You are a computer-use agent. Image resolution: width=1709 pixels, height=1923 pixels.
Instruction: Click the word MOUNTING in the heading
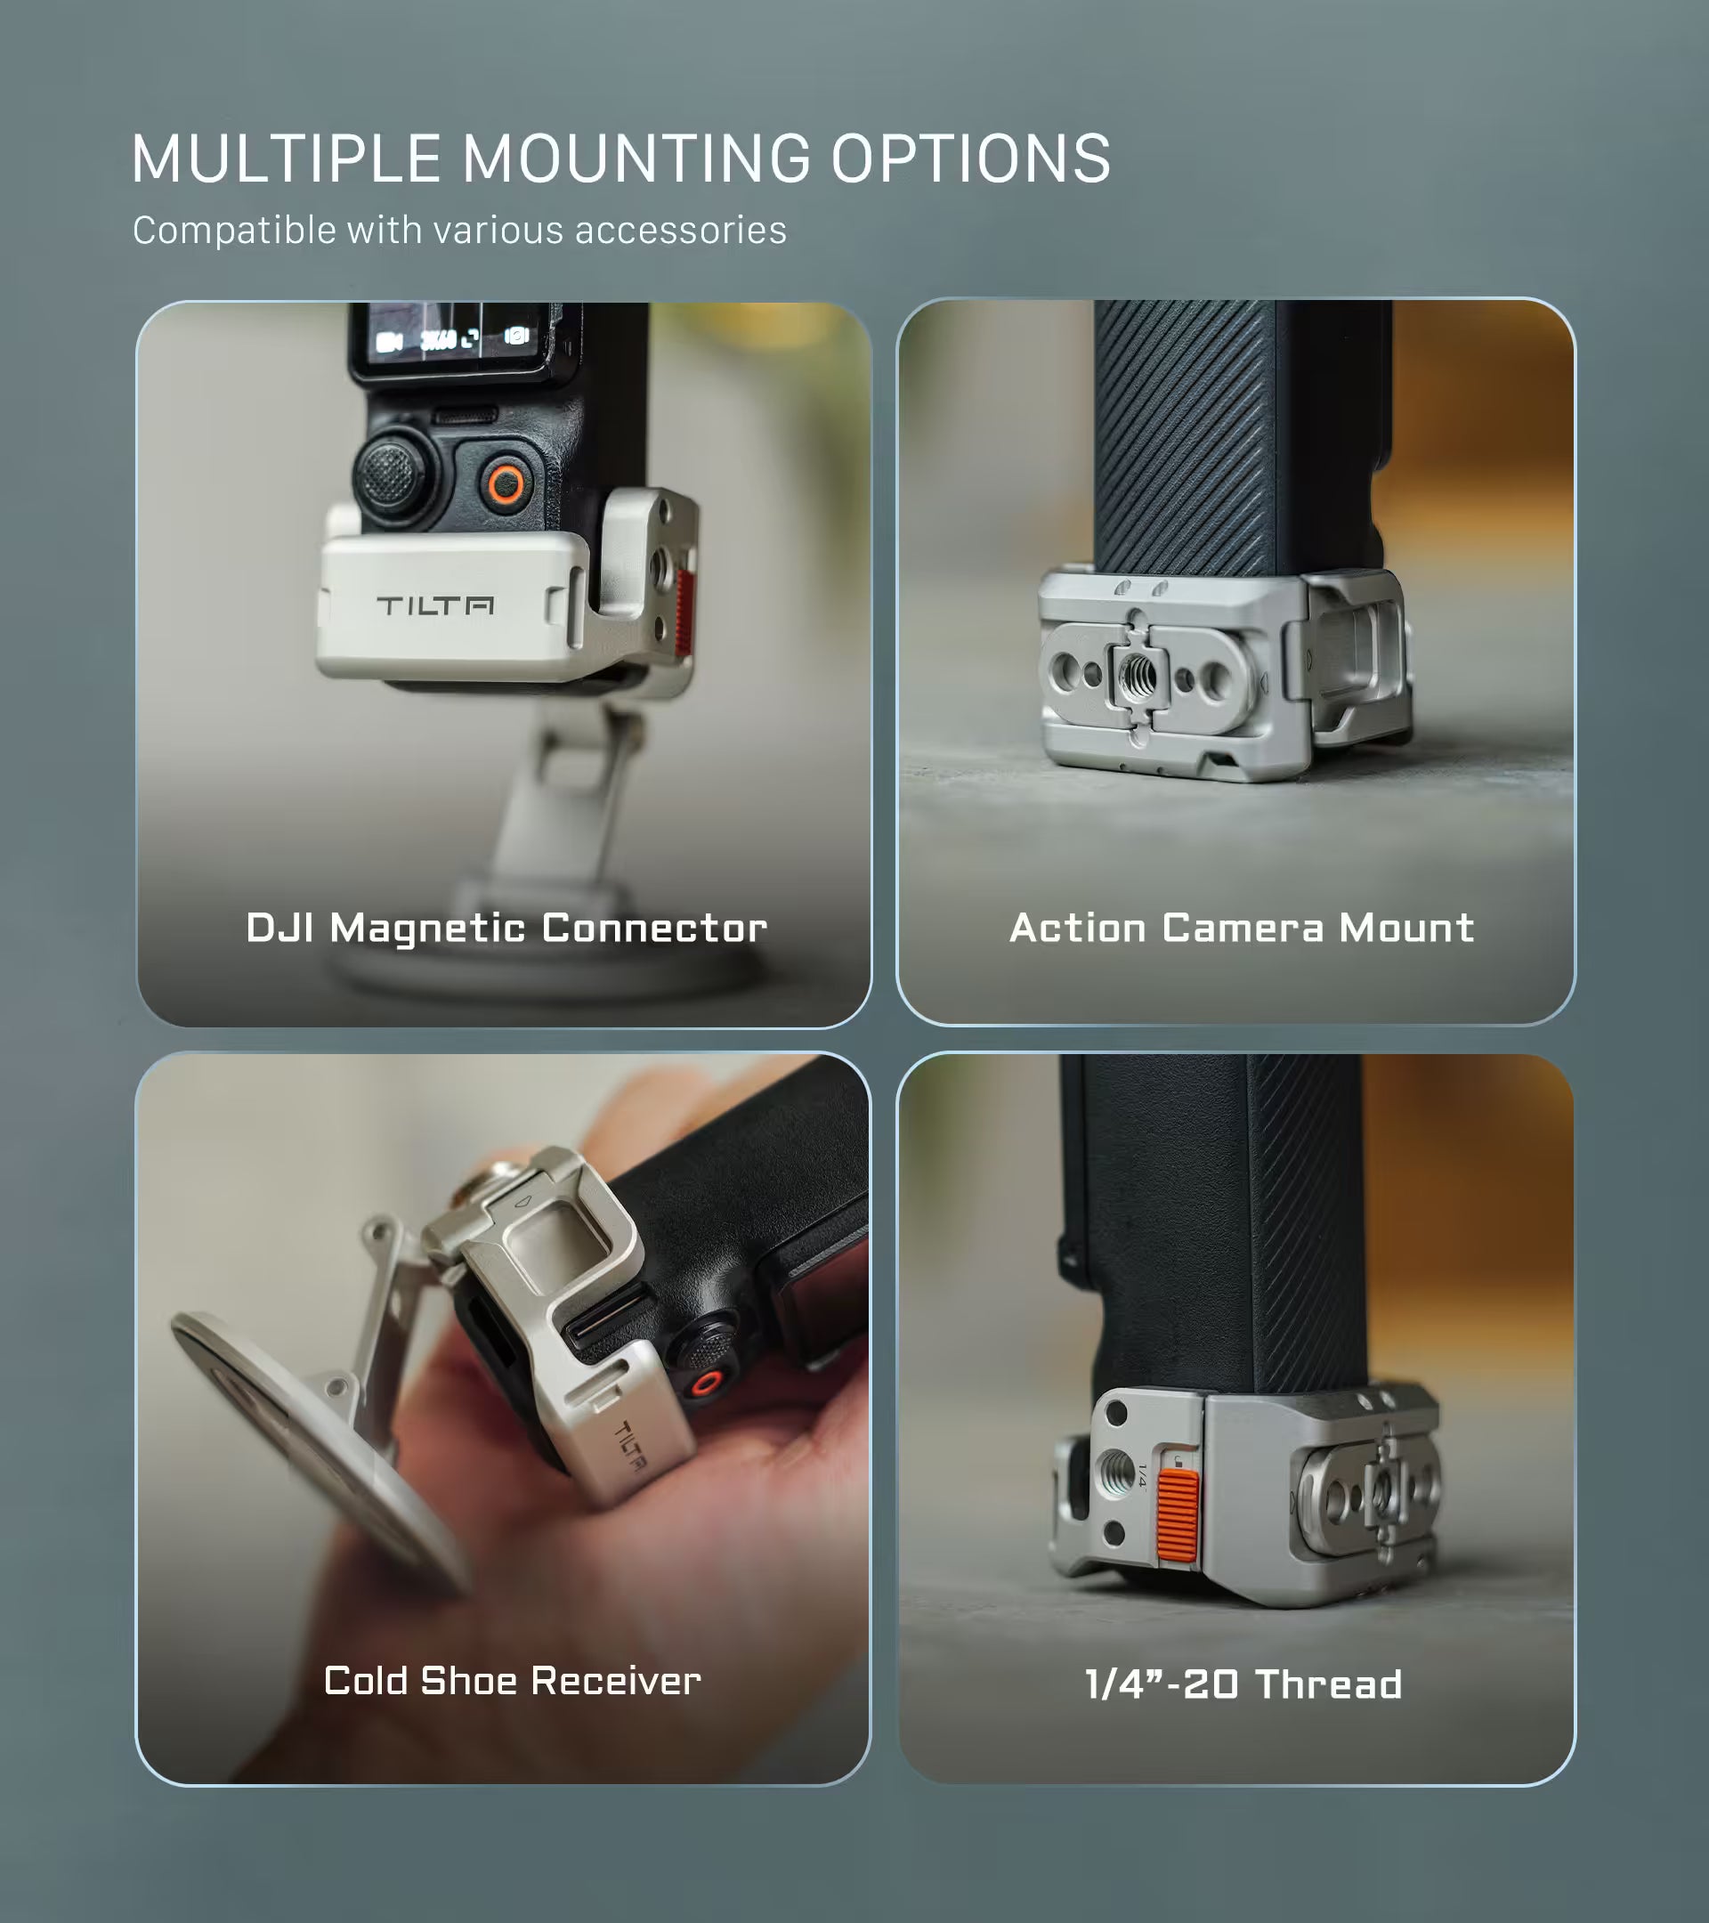(636, 158)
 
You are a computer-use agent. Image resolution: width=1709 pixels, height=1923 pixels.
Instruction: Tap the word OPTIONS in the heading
(971, 158)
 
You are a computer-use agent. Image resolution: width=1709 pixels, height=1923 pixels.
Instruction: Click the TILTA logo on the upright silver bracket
(434, 604)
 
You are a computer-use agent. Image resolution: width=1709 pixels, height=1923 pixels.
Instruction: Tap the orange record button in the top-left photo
(506, 484)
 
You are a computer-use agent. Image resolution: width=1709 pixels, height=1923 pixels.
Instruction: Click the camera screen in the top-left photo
(451, 336)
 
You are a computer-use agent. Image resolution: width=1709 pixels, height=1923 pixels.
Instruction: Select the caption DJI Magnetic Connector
(506, 929)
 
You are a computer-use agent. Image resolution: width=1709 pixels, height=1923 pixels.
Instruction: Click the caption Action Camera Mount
(1242, 928)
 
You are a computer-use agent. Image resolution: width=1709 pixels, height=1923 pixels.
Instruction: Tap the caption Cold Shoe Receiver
(513, 1680)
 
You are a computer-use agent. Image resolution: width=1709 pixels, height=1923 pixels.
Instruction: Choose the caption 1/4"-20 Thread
(1243, 1684)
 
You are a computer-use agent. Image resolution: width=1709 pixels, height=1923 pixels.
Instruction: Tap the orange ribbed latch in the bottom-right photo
(1178, 1514)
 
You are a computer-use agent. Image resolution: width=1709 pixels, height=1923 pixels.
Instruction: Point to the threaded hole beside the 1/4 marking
(1116, 1473)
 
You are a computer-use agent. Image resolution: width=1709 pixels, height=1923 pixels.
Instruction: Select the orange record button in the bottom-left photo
(706, 1383)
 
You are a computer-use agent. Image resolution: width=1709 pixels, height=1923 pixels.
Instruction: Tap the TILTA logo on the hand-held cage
(631, 1447)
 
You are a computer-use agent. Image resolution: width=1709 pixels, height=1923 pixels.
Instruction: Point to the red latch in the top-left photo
(684, 612)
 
